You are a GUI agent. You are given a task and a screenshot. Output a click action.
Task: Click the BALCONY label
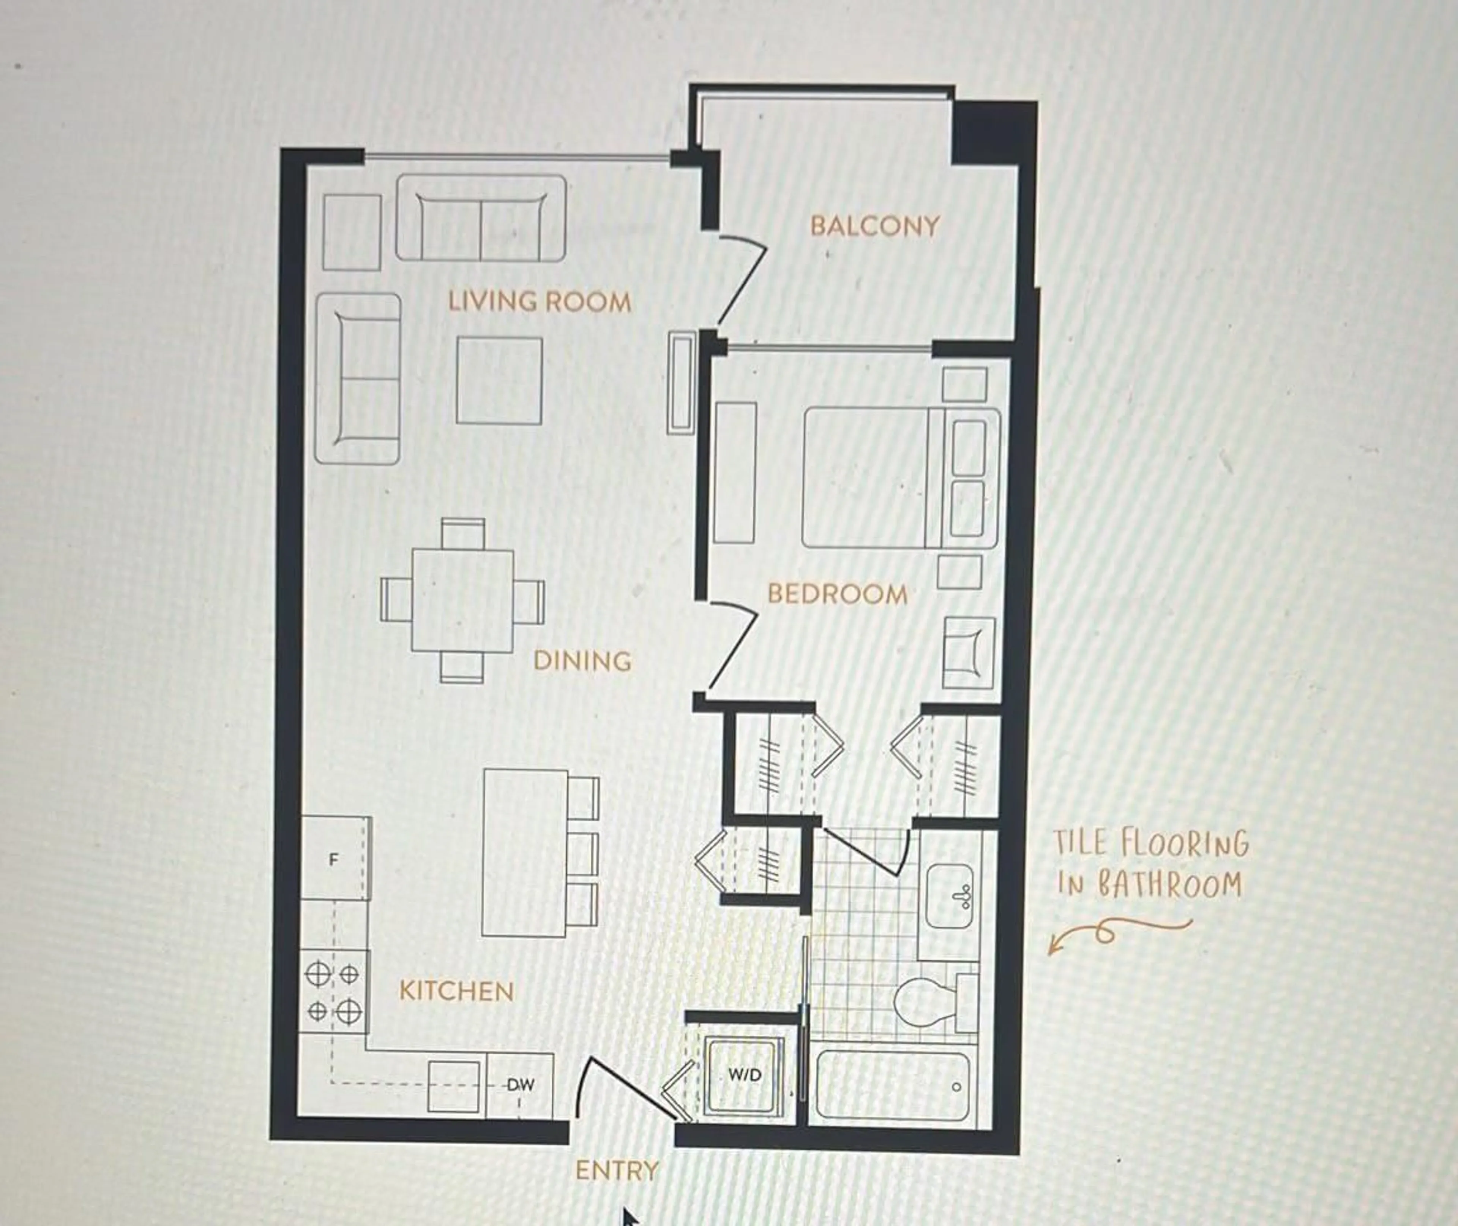[874, 226]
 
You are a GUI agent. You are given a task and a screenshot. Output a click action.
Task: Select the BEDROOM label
[837, 594]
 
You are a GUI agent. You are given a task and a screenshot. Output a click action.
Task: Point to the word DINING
[582, 661]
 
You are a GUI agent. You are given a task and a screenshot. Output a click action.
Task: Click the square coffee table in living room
[499, 380]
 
